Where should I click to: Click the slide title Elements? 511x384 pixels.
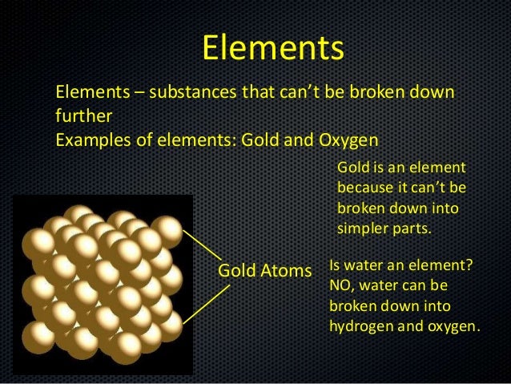(272, 47)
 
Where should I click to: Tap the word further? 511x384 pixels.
(79, 117)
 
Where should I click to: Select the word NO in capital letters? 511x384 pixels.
(340, 286)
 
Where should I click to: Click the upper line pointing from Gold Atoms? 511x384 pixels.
(202, 244)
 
